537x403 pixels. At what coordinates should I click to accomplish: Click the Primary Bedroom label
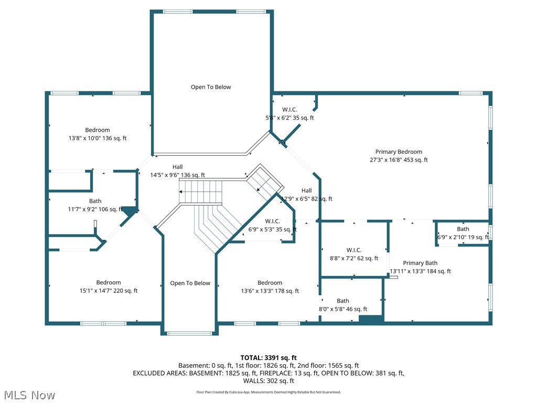(x=399, y=152)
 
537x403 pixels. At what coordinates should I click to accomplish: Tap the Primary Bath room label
(x=420, y=263)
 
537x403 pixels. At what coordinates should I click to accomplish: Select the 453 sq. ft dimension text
(x=415, y=160)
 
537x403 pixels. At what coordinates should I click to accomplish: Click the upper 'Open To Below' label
(x=211, y=87)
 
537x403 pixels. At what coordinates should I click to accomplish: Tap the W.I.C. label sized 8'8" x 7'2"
(x=354, y=250)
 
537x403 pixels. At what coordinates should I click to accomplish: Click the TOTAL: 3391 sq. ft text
(x=268, y=358)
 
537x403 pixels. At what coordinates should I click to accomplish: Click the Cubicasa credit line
(x=268, y=392)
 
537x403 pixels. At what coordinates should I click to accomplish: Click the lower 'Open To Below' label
(x=190, y=283)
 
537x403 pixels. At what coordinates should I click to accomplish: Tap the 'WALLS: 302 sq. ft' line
(x=268, y=381)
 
